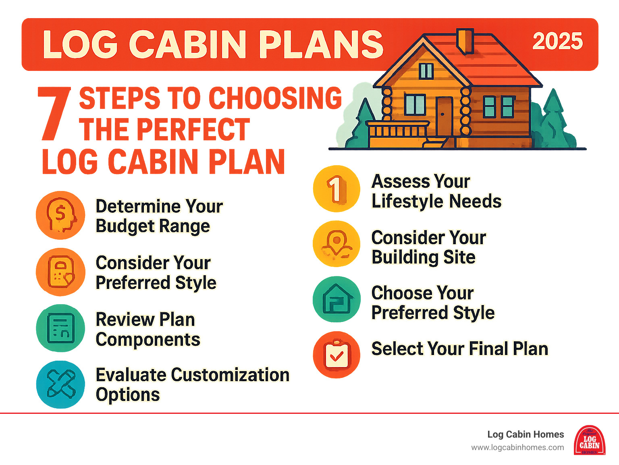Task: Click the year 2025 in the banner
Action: click(557, 41)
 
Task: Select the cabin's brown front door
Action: click(444, 116)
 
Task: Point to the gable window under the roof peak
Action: click(426, 71)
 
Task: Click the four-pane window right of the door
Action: click(499, 107)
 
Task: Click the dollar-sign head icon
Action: click(60, 215)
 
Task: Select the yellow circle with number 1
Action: click(337, 189)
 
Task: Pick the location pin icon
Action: click(337, 244)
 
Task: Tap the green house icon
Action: click(337, 299)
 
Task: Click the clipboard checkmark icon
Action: click(337, 355)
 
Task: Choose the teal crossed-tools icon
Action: click(60, 384)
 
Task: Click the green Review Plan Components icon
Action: click(60, 328)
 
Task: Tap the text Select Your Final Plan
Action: click(459, 349)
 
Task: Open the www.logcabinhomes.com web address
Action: click(517, 447)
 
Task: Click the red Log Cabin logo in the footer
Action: click(589, 440)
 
